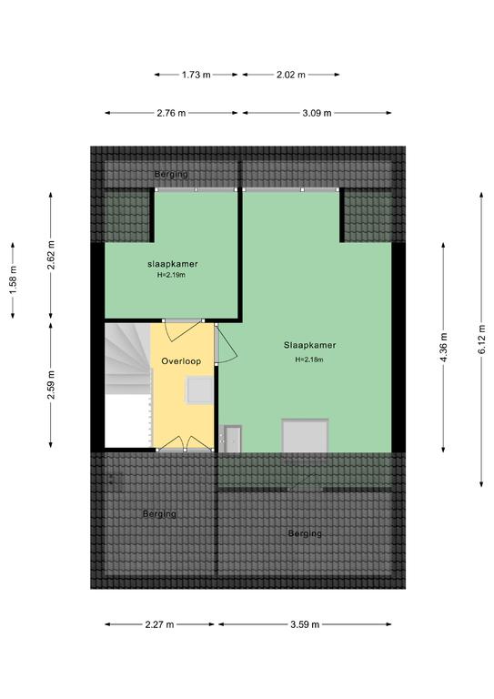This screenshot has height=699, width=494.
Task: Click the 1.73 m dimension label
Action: point(196,75)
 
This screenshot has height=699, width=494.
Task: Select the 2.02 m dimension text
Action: point(291,75)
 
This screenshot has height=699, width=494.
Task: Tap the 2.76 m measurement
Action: point(171,113)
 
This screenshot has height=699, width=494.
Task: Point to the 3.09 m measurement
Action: point(318,113)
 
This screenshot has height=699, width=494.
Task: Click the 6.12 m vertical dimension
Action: point(481,339)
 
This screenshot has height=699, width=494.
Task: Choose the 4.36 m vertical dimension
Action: point(443,348)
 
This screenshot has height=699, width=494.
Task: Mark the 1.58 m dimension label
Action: point(13,280)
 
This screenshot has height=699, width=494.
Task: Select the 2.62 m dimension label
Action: point(51,255)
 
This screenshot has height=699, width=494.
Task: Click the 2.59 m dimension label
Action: point(51,385)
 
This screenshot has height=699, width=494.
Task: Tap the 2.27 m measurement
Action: point(159,624)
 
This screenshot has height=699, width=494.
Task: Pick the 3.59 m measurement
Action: point(305,624)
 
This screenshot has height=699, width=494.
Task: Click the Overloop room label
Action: point(181,361)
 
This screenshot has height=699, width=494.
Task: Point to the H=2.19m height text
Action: point(172,275)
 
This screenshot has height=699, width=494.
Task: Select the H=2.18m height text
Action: point(309,360)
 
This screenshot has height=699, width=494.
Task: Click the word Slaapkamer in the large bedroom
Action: point(310,345)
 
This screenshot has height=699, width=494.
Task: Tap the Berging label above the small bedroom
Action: point(171,174)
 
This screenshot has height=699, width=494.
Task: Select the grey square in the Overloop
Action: point(199,390)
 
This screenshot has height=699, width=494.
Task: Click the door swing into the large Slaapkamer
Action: point(226,344)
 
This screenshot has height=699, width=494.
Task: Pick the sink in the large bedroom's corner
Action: point(233,439)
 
